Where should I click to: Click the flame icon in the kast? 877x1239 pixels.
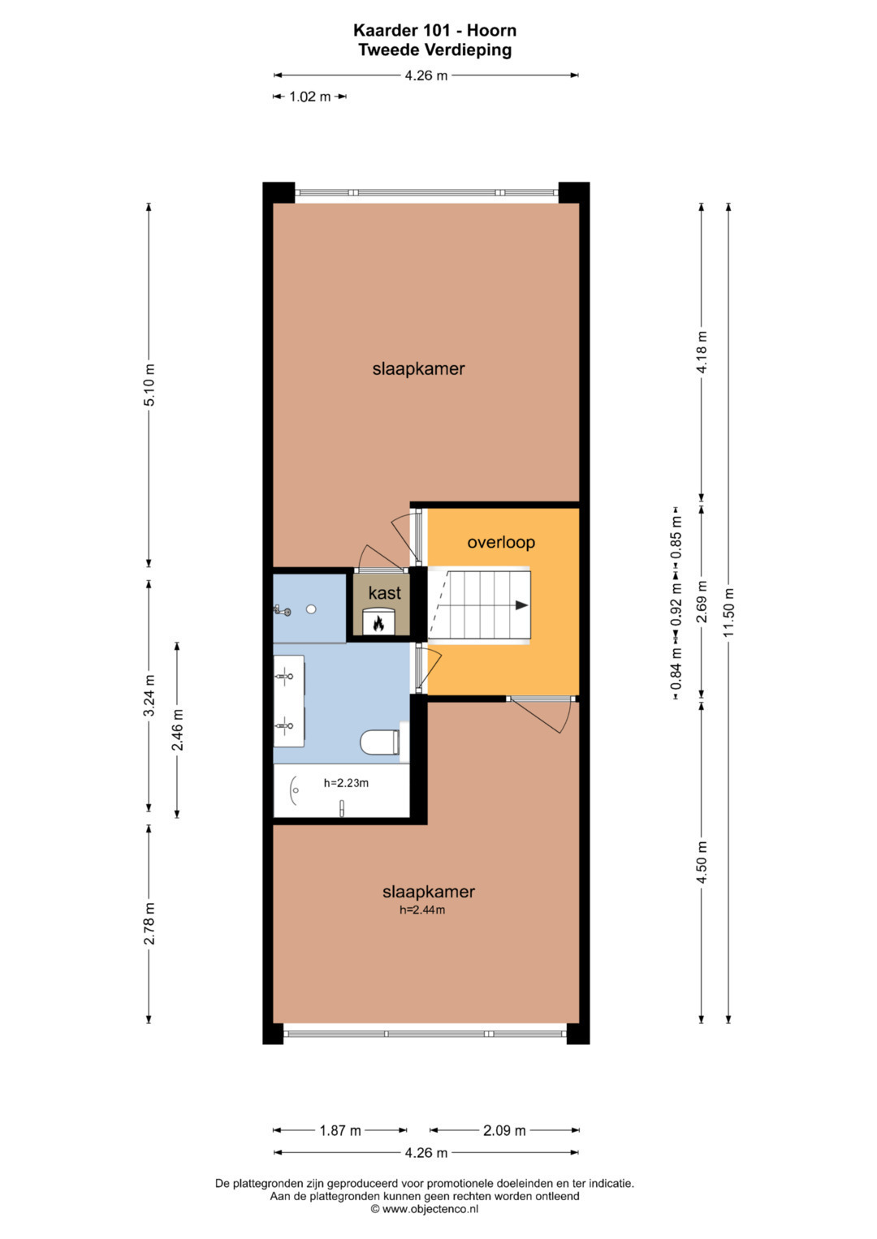[378, 623]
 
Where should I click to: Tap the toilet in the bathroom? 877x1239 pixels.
[380, 742]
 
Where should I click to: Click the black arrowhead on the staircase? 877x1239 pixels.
[521, 605]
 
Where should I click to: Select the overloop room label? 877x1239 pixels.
[501, 543]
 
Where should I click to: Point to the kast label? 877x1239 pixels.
[385, 593]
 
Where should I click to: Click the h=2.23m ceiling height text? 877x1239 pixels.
[346, 783]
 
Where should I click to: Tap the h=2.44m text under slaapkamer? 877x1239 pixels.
[422, 910]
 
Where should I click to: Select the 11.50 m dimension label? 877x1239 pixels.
[728, 612]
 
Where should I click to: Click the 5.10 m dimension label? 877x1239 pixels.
[149, 385]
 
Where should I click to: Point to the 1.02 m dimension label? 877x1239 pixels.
[310, 97]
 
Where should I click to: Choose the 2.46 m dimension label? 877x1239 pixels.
[178, 729]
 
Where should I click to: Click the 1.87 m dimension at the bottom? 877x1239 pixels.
[340, 1130]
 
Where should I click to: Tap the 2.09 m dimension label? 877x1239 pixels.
[504, 1130]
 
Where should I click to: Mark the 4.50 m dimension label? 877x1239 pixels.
[702, 863]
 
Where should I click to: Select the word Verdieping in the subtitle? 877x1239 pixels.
[467, 49]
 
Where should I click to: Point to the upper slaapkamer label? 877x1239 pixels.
[418, 369]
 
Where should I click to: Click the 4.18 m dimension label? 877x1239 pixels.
[702, 352]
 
